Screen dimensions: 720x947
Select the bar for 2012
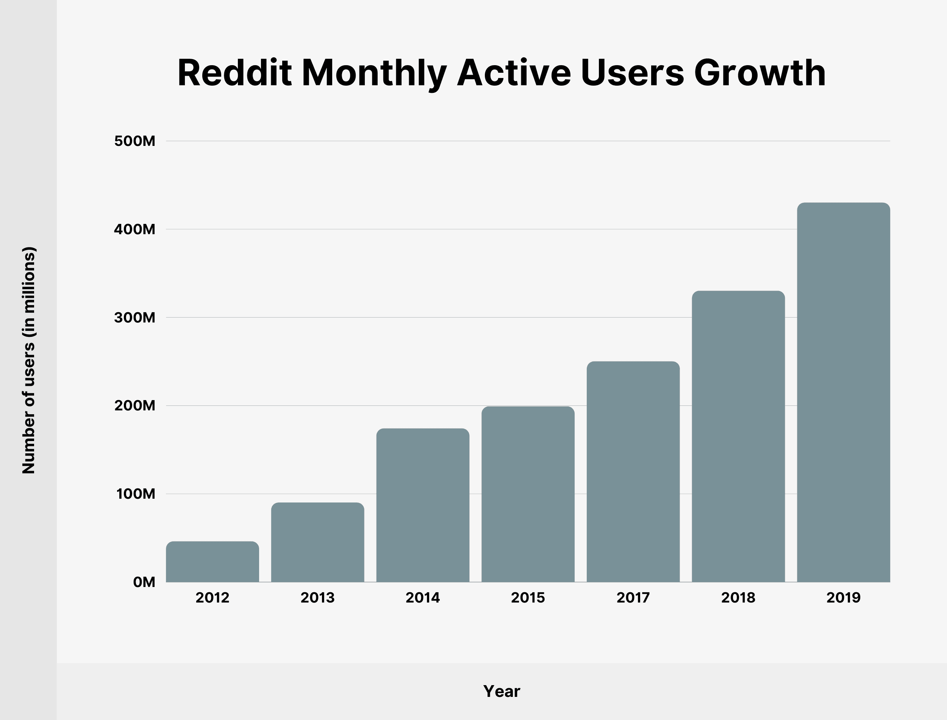[x=213, y=562]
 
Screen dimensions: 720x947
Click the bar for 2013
[x=317, y=542]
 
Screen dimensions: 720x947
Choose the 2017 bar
[x=633, y=471]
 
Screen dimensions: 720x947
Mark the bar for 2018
[x=738, y=436]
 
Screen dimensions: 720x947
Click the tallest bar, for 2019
[x=843, y=392]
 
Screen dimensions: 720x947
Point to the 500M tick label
[x=134, y=141]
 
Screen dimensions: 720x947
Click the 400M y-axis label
[x=134, y=229]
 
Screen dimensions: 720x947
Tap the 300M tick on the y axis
[x=134, y=318]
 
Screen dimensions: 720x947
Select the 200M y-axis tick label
[x=134, y=405]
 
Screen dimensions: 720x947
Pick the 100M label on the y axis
[x=135, y=494]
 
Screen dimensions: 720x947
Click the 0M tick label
[x=144, y=582]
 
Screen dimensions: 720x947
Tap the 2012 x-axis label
[x=213, y=598]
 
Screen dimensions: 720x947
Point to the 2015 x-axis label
[x=528, y=598]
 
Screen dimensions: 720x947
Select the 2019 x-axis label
[x=843, y=598]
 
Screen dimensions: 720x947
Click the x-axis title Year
[x=502, y=691]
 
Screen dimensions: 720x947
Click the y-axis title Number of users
[x=29, y=360]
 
